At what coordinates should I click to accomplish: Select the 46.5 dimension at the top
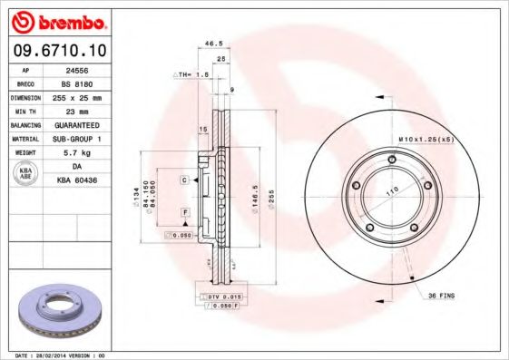click(x=213, y=43)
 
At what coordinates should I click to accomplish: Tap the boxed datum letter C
click(x=184, y=180)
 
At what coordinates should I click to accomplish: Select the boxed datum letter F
click(x=185, y=211)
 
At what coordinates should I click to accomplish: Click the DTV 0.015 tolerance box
click(x=220, y=297)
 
